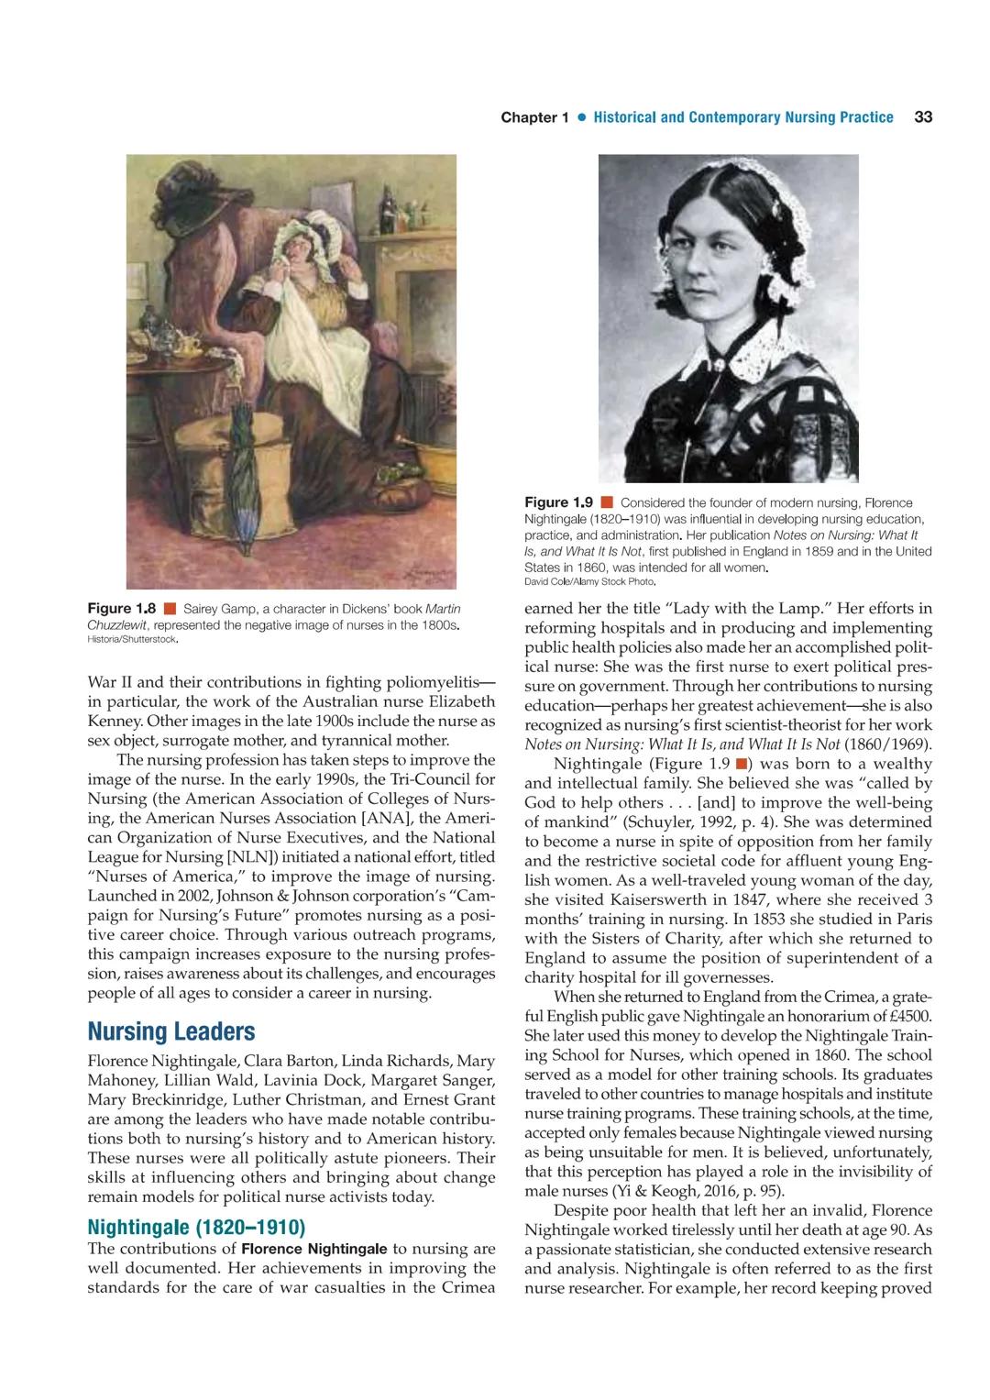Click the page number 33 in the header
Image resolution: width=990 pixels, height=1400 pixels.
coord(923,117)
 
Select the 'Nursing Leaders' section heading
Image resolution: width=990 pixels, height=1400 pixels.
coord(170,1031)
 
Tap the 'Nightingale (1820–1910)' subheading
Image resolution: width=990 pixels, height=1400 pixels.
coord(195,1227)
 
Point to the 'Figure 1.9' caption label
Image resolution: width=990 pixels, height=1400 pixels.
coord(559,502)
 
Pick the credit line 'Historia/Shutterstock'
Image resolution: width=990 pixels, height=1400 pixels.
coord(132,640)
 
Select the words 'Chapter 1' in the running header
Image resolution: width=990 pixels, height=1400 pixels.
coord(529,117)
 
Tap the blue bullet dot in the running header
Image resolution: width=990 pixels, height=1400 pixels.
coord(581,118)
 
